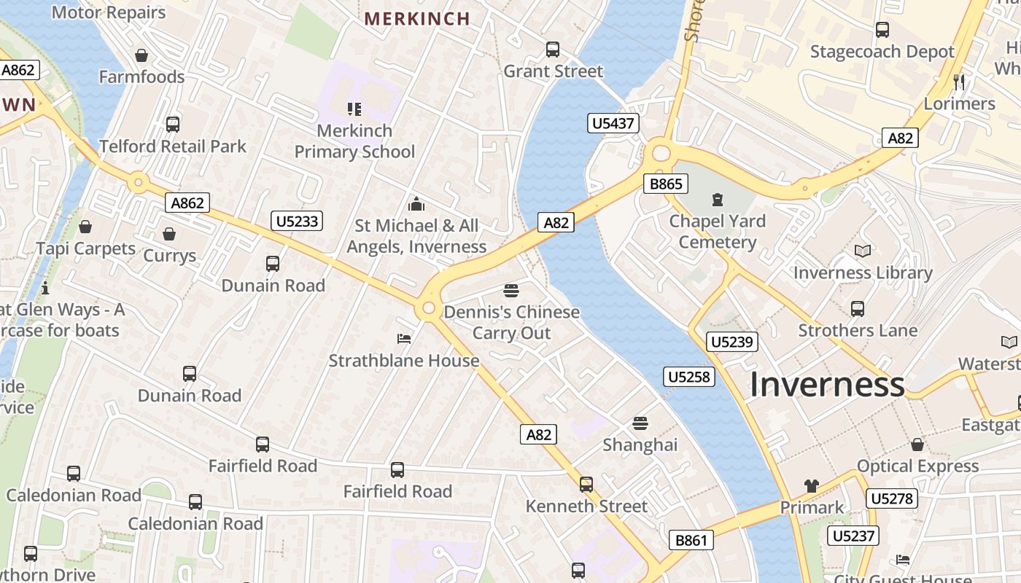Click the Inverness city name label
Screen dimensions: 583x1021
(827, 384)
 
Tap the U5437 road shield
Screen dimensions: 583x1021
(613, 123)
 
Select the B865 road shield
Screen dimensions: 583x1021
(666, 184)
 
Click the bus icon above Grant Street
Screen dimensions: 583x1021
(553, 50)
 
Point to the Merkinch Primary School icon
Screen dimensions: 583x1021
(354, 109)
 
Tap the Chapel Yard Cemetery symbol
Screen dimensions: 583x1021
(718, 199)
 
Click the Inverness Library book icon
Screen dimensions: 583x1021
(863, 251)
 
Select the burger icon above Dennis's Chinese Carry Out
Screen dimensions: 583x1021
(511, 291)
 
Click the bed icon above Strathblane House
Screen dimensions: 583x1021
(404, 339)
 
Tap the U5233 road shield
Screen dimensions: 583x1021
(297, 221)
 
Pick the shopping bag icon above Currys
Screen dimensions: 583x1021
(169, 234)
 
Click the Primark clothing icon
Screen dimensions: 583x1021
(812, 486)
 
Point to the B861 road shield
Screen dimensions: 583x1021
(691, 540)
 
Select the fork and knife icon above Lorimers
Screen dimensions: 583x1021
(959, 82)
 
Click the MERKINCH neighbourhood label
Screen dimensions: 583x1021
(417, 19)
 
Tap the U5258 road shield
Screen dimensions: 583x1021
(688, 377)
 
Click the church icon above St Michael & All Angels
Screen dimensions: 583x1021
(416, 204)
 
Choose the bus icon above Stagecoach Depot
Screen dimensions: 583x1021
(882, 30)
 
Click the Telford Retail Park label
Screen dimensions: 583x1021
(173, 146)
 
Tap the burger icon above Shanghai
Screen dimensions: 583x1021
(640, 423)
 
